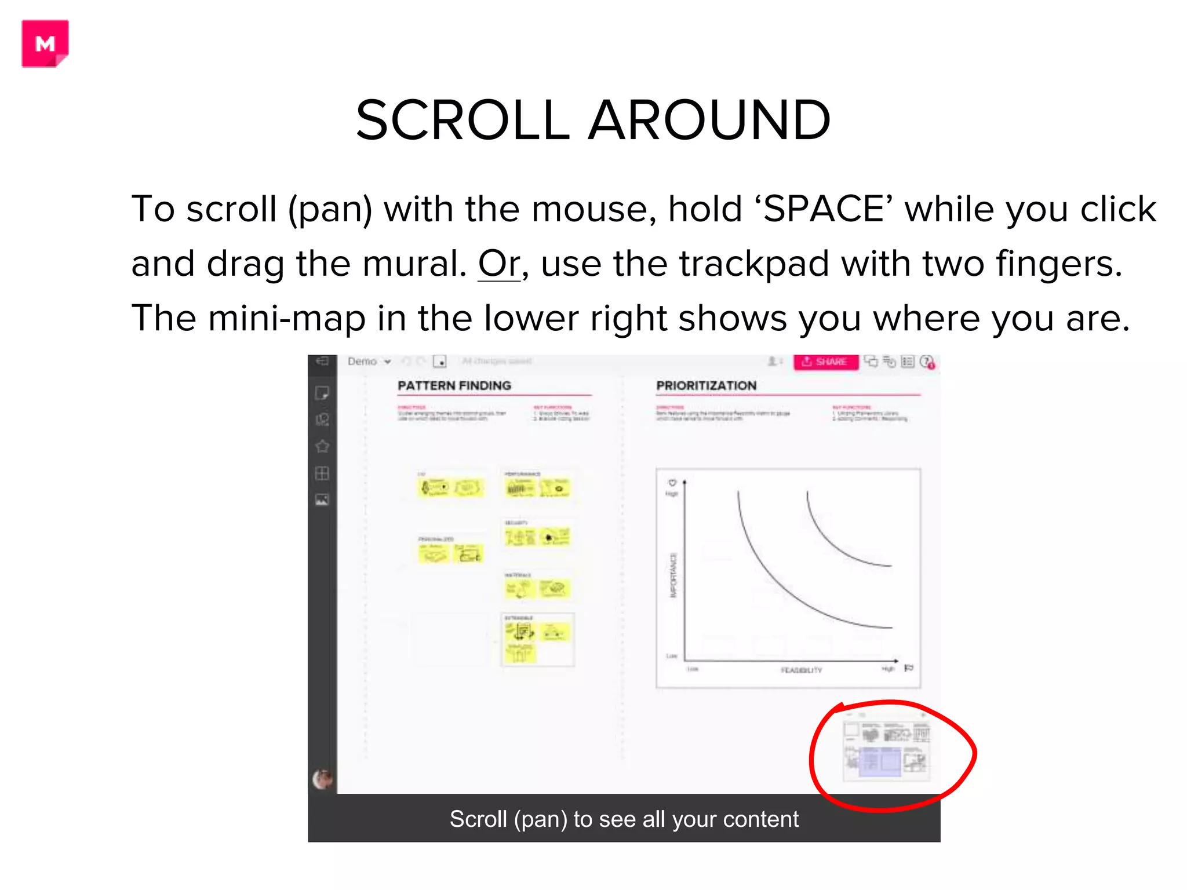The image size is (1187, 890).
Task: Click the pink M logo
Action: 45,43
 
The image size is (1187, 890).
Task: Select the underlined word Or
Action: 499,264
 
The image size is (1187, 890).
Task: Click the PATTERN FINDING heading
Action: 454,385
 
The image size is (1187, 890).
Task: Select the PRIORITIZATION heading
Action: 706,385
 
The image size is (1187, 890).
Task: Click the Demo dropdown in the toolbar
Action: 369,362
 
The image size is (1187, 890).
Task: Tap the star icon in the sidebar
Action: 322,446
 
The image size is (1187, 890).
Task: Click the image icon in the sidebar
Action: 322,499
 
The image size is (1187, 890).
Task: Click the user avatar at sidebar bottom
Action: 322,779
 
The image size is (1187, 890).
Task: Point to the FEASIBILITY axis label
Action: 801,670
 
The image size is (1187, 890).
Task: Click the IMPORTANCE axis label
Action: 673,575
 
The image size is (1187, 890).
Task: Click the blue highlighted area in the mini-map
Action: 880,760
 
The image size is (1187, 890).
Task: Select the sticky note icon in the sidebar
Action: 322,393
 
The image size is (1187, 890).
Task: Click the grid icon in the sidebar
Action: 322,473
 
